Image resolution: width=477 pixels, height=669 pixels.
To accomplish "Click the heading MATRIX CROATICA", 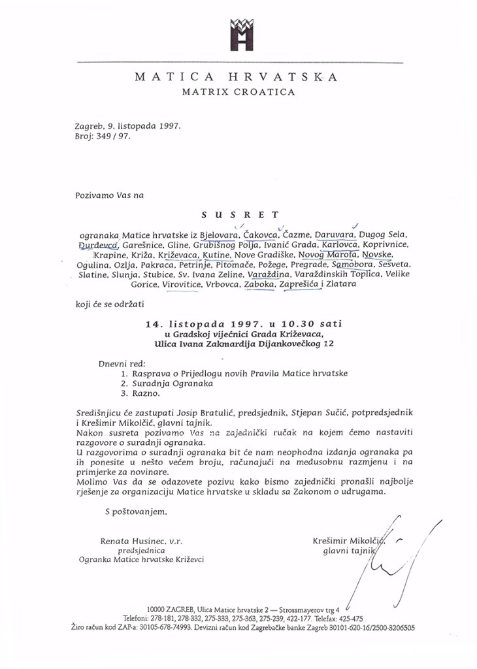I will [238, 92].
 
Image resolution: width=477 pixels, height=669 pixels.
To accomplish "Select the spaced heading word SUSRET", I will [240, 214].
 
